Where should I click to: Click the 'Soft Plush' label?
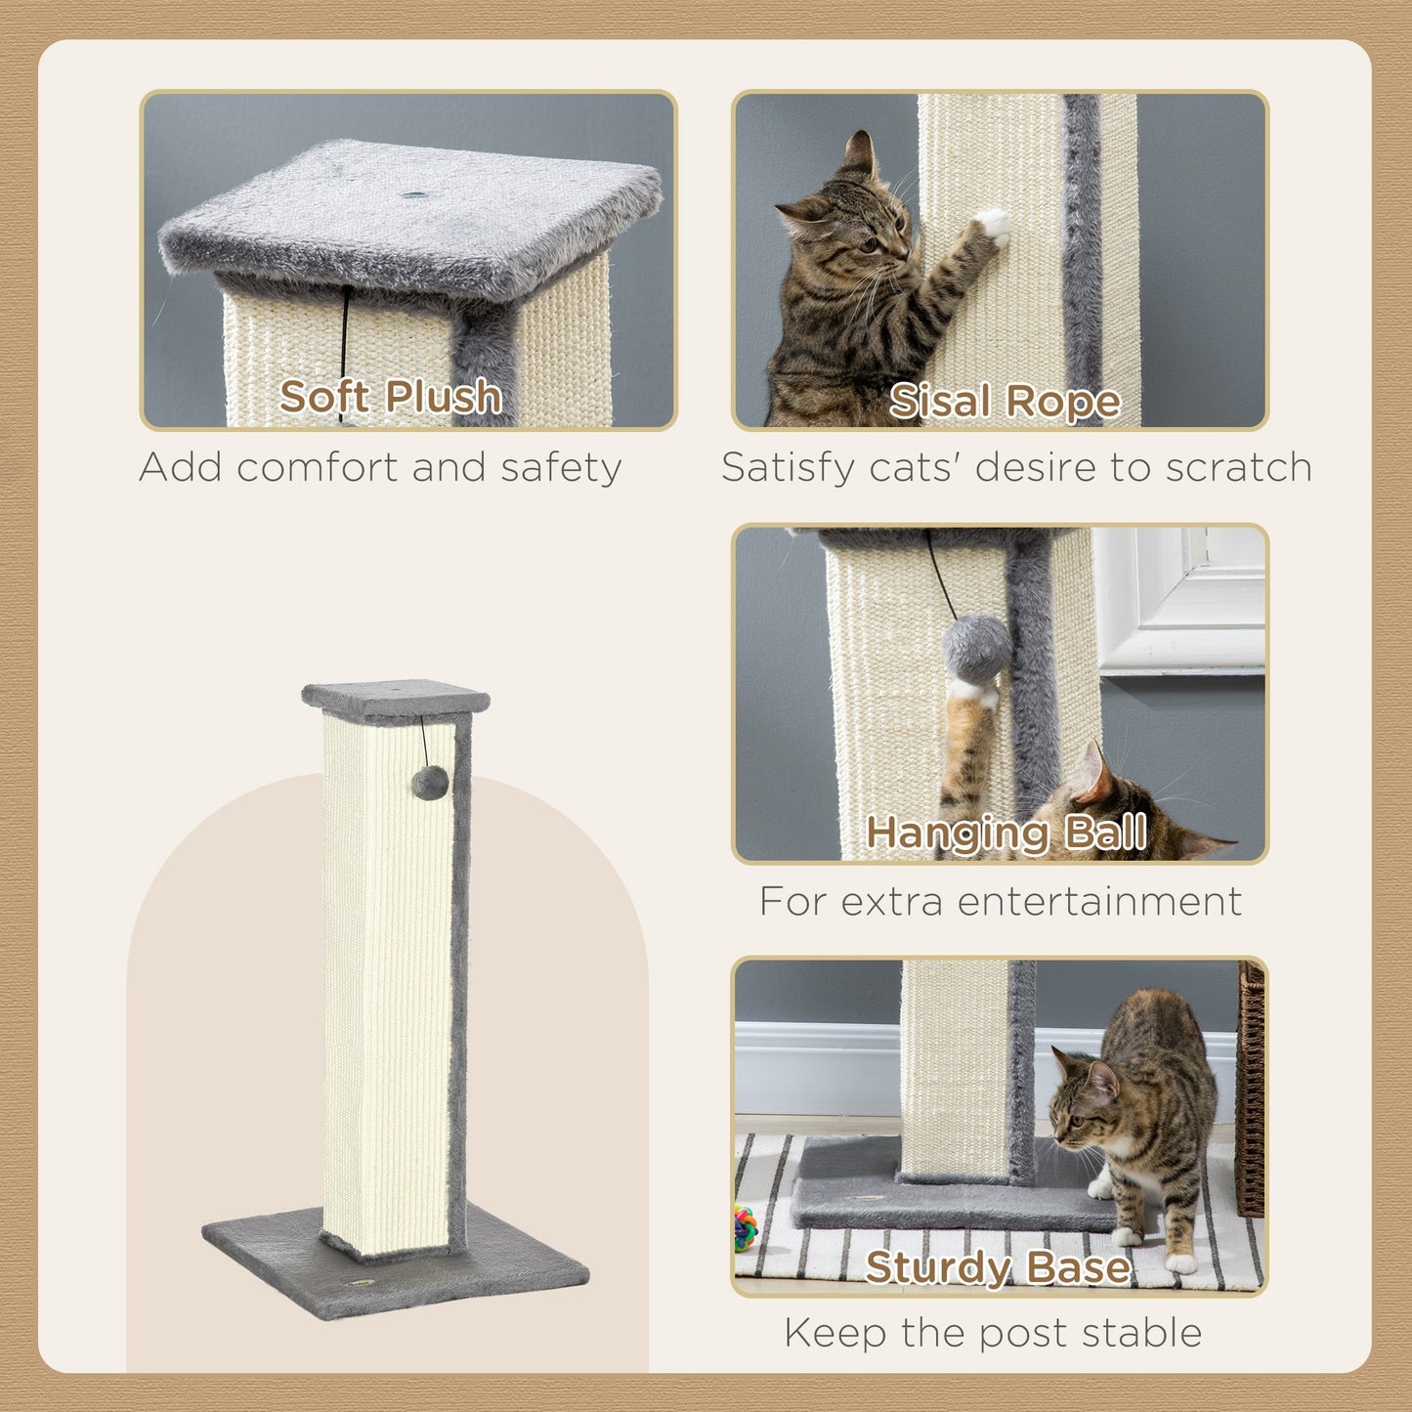tap(390, 397)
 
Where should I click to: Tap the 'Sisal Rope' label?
tap(1005, 401)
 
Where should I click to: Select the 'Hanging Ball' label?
tap(1006, 833)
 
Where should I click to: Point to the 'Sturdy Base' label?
tap(998, 1267)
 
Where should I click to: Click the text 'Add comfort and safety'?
tap(380, 467)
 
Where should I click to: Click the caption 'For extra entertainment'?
tap(1000, 901)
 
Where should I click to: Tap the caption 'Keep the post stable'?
tap(993, 1333)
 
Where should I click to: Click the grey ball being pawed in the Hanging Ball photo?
tap(976, 649)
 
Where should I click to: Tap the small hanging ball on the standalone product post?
tap(430, 783)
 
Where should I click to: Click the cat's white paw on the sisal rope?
tap(994, 227)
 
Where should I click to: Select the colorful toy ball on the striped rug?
tap(746, 1228)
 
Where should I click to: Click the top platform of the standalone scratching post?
tap(395, 698)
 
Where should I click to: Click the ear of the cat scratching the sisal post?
tap(860, 154)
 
